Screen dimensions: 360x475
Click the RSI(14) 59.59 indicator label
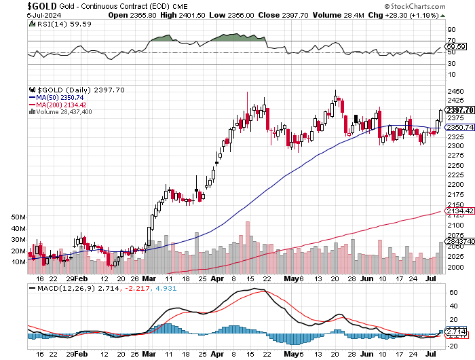54,25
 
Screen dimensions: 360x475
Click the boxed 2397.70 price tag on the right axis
460,110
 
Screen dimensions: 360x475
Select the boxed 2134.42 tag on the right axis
460,211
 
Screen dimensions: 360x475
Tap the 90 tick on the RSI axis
451,30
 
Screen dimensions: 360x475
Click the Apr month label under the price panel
216,278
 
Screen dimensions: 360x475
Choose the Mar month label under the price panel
149,278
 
